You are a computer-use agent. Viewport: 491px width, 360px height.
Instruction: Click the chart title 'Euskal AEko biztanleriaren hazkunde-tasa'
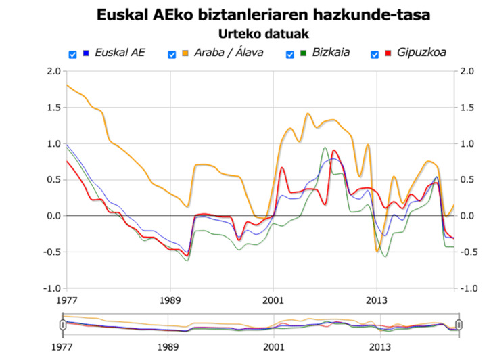(x=263, y=14)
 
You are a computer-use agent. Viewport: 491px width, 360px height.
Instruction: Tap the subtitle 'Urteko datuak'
(x=263, y=32)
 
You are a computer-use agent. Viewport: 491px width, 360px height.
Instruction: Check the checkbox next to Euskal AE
(x=72, y=54)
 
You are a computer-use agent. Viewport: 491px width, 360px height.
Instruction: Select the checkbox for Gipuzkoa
(x=373, y=54)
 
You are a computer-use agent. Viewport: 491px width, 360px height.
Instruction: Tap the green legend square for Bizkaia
(x=304, y=53)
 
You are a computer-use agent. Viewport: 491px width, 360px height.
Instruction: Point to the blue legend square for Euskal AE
(x=85, y=53)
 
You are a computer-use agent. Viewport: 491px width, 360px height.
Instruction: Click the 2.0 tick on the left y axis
(x=53, y=72)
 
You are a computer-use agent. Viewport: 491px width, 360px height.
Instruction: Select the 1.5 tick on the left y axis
(x=53, y=108)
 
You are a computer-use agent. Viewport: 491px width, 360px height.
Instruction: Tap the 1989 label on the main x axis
(x=170, y=298)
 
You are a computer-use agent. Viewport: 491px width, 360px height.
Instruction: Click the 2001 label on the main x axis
(x=273, y=298)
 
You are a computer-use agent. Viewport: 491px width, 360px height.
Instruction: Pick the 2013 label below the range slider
(x=377, y=348)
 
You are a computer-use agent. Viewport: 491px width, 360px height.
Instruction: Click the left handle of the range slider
(x=63, y=325)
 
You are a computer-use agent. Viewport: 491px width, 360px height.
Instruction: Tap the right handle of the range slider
(x=459, y=325)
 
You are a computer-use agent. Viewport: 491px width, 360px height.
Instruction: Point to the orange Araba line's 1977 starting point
(x=66, y=85)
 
